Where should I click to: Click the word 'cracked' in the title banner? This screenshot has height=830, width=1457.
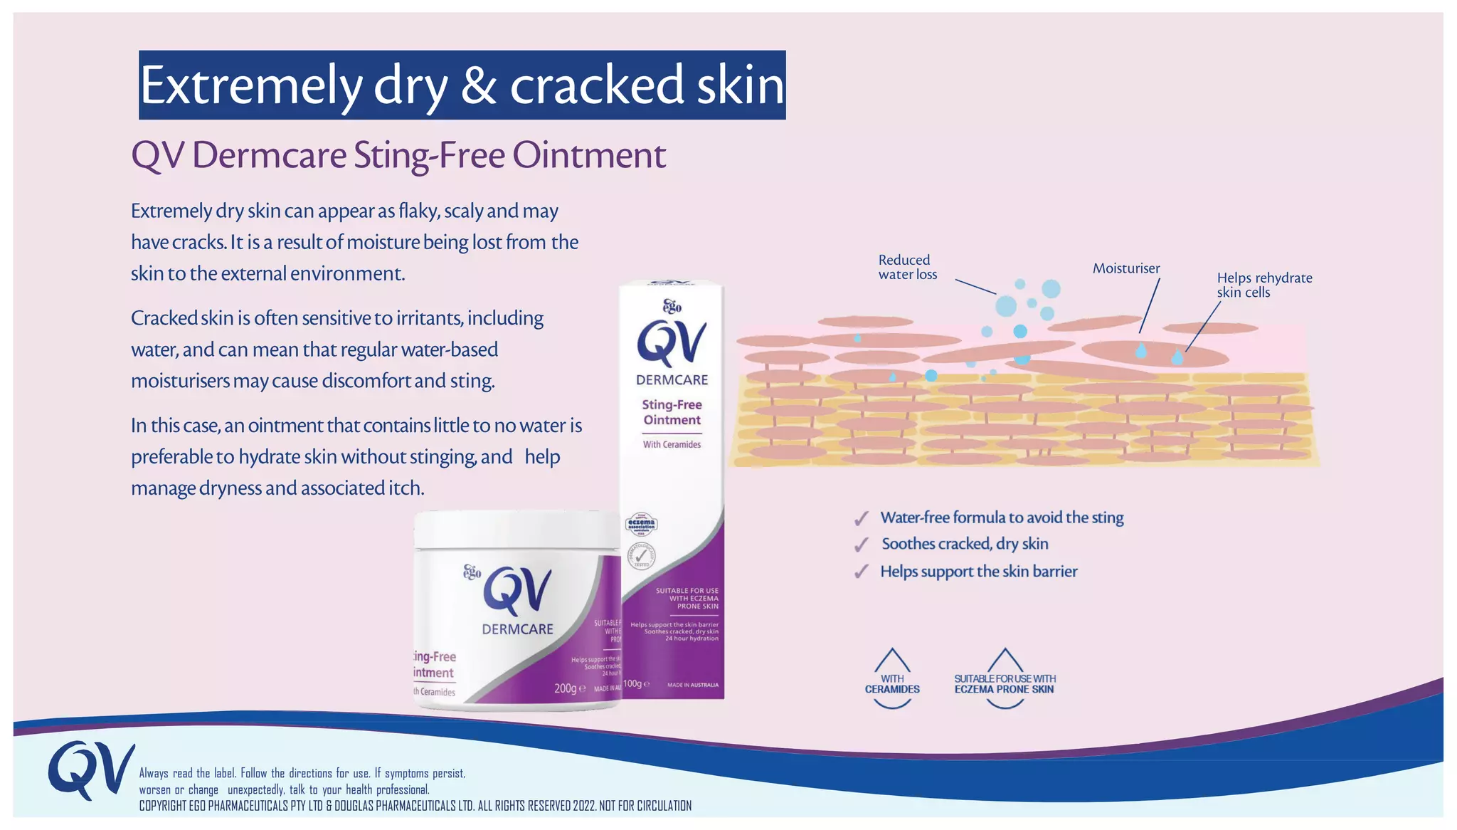tap(597, 85)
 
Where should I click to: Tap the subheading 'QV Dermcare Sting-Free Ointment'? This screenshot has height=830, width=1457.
tap(398, 155)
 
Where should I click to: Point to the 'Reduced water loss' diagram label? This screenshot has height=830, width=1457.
tap(907, 267)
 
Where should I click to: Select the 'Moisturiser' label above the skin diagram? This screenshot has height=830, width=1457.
tap(1125, 268)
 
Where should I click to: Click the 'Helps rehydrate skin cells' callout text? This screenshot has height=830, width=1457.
tap(1263, 285)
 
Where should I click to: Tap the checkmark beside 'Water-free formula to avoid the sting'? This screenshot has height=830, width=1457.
tap(862, 518)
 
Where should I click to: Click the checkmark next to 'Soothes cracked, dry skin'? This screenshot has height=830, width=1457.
tap(862, 545)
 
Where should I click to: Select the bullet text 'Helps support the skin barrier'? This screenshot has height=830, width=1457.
tap(978, 572)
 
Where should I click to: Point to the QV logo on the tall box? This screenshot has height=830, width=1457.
tap(672, 343)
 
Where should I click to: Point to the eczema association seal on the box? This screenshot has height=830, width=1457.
tap(641, 525)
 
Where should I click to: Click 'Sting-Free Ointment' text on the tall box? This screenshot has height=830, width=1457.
tap(672, 412)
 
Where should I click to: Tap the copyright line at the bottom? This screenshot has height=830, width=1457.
tap(415, 806)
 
